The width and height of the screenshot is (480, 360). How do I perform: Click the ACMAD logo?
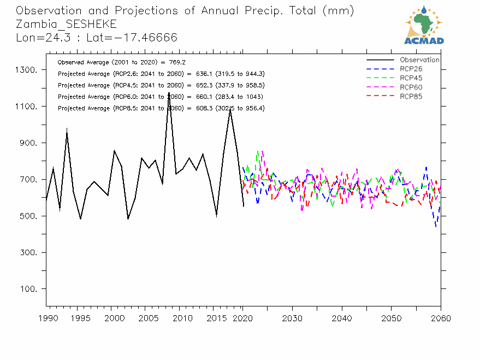coord(424,25)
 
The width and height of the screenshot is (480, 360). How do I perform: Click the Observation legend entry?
coord(419,60)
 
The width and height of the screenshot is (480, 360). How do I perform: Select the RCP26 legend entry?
coord(411,69)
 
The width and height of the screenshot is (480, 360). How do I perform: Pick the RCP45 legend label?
coord(411,78)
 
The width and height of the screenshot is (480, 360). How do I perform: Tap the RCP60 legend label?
coord(411,87)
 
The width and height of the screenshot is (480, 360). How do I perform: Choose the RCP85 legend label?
coord(411,97)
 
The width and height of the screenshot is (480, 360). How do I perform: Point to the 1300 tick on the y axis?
coord(26,70)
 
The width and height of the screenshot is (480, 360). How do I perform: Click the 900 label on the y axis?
coord(28,143)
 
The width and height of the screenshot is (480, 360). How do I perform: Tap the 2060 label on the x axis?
coord(440,318)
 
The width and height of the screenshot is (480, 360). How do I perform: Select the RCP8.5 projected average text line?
coord(161,109)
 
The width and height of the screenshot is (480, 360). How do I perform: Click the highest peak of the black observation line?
coord(169,93)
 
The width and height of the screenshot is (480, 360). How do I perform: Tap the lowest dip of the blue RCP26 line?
coord(436,226)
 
